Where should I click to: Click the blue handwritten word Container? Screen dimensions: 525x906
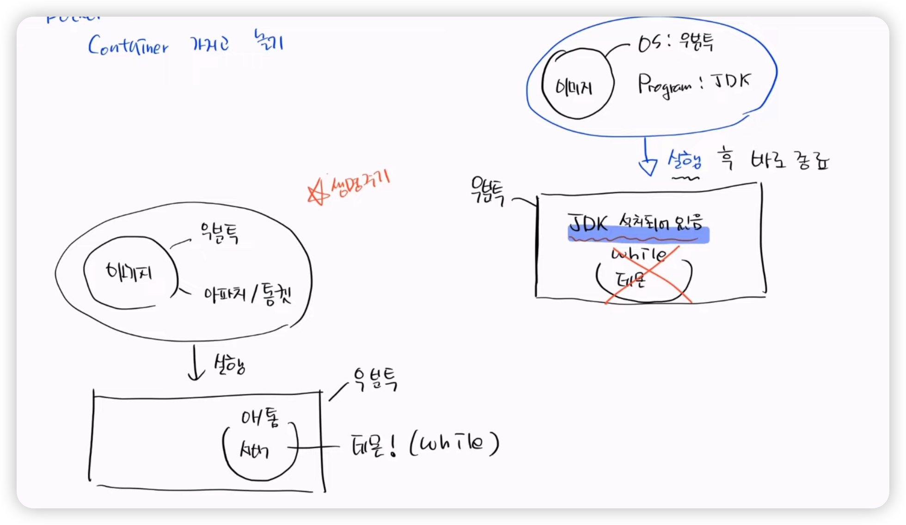pos(128,46)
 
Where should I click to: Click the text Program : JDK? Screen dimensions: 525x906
pos(693,85)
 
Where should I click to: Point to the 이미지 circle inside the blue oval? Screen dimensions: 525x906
pos(577,84)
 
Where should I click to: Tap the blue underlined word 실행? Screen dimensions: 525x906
pos(685,161)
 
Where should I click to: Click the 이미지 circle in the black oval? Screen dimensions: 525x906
pos(130,273)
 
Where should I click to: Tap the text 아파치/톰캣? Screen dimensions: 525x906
pos(247,294)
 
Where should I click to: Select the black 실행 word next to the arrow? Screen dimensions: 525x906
pos(229,365)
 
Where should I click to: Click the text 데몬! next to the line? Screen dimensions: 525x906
pos(374,446)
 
